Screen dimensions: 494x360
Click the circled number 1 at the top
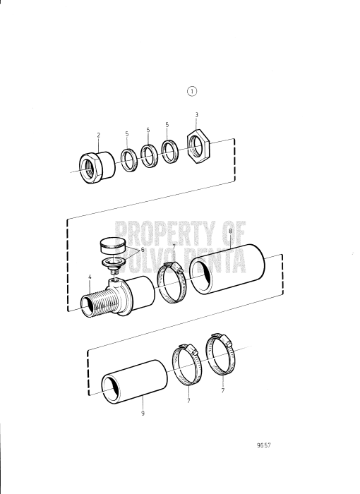(193, 90)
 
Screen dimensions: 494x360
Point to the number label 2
(99, 134)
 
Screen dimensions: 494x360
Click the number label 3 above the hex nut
(196, 114)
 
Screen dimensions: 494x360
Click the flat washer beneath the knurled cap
(113, 263)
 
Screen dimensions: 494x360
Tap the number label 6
(142, 249)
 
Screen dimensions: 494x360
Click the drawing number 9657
(265, 445)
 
